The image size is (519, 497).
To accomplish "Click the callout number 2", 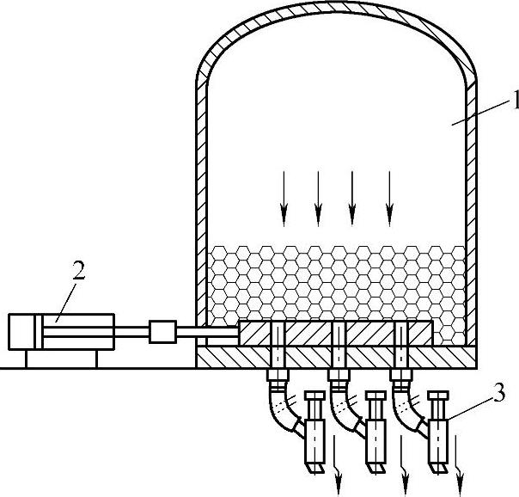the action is (x=78, y=271).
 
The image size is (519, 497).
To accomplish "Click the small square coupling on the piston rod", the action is (x=162, y=332).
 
